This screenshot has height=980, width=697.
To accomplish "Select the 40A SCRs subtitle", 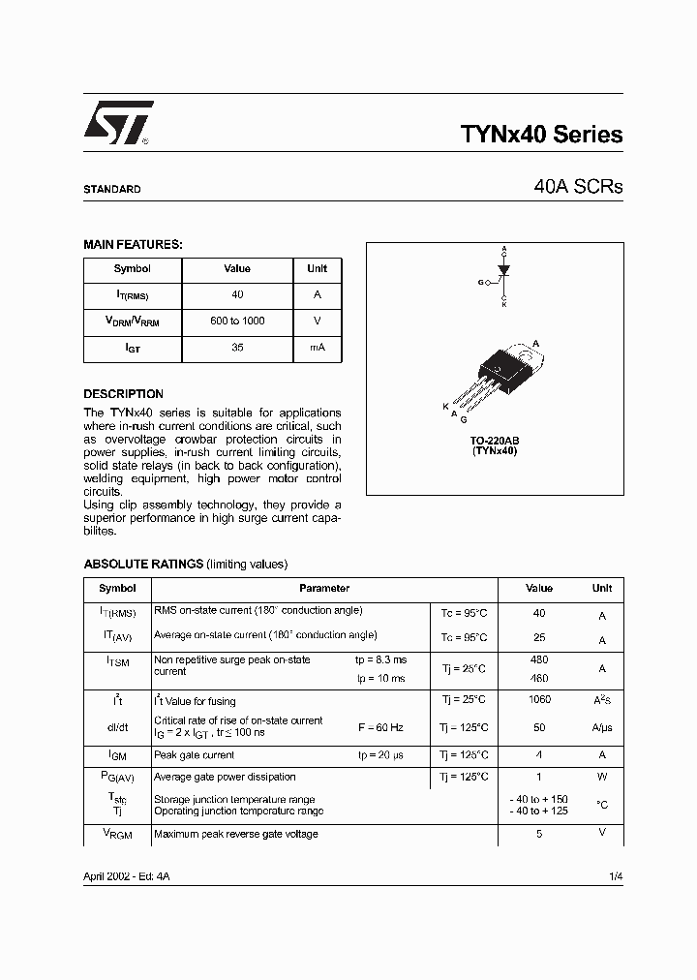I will coord(577,187).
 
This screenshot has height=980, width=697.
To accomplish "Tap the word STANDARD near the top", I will coord(111,190).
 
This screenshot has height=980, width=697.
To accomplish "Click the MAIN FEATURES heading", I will coord(133,245).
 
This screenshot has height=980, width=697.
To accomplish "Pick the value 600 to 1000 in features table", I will coord(237,321).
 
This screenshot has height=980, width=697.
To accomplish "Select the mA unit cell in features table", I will coord(317,348).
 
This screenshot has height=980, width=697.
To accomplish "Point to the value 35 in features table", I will coord(237,348).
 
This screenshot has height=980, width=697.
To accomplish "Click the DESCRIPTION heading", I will coord(123,394).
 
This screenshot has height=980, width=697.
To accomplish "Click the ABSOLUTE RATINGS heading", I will coord(143,564).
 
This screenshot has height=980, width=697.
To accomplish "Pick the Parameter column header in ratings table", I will coord(324,588).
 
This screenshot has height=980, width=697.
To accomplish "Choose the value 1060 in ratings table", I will coord(539,700).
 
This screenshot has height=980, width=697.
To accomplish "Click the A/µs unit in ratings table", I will coord(601,727).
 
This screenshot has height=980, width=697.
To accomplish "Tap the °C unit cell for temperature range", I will coord(601,804).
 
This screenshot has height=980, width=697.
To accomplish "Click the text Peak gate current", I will coord(195,754).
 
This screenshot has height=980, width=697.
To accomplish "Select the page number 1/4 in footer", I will coord(615,875).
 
